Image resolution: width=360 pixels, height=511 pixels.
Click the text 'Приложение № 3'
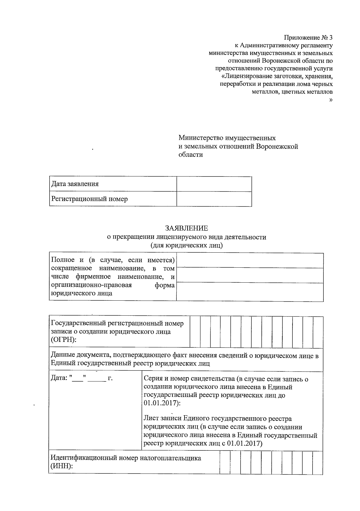(308, 38)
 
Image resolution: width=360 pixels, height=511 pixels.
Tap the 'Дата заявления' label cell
(75, 184)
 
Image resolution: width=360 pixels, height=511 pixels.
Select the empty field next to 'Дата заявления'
(214, 184)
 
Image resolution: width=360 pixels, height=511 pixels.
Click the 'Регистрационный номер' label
(89, 199)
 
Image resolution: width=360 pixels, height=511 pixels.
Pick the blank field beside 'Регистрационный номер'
(214, 199)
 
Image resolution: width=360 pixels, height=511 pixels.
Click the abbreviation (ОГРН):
(63, 340)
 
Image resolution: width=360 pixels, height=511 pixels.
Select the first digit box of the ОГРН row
(195, 332)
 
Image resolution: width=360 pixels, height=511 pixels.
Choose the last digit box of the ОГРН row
(318, 332)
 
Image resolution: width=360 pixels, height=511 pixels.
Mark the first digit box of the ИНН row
(225, 462)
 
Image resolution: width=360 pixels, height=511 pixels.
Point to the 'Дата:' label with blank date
(59, 378)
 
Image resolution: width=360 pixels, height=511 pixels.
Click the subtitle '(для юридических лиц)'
(186, 245)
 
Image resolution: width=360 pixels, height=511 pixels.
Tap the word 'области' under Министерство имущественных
(190, 155)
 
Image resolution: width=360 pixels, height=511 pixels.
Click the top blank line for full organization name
(250, 260)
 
